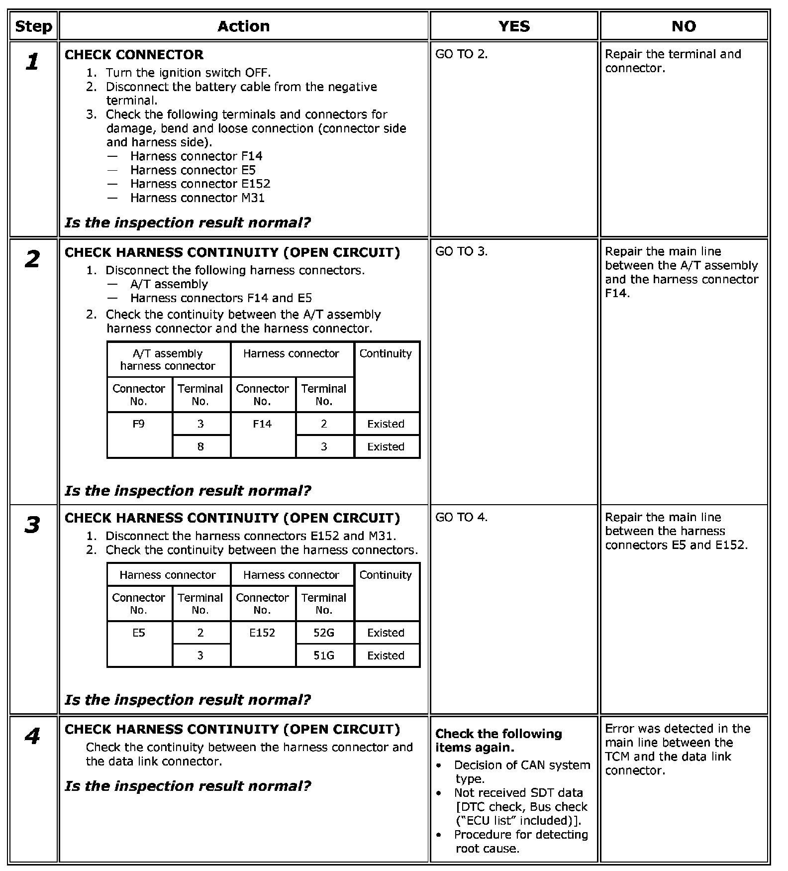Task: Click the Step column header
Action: click(x=33, y=26)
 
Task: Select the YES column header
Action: click(x=514, y=26)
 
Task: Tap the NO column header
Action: click(x=684, y=26)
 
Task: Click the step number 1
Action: click(x=32, y=62)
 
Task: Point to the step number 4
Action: click(x=32, y=736)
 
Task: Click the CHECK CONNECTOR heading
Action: click(x=134, y=55)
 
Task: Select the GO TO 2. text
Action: click(x=461, y=54)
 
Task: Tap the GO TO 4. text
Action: click(x=461, y=517)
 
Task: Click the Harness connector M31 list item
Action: click(x=197, y=198)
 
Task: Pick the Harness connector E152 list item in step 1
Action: click(x=200, y=184)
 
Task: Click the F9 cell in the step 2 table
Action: click(x=139, y=424)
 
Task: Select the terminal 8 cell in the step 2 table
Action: click(x=200, y=447)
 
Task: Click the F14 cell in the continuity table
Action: click(x=262, y=424)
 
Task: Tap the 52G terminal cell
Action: click(x=324, y=633)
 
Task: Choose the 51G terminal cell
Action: click(x=324, y=656)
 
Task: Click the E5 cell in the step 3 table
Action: click(x=139, y=633)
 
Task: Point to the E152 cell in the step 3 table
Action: click(x=262, y=633)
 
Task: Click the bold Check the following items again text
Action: click(x=498, y=741)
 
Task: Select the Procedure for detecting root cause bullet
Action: click(x=520, y=841)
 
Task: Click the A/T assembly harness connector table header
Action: click(x=168, y=360)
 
